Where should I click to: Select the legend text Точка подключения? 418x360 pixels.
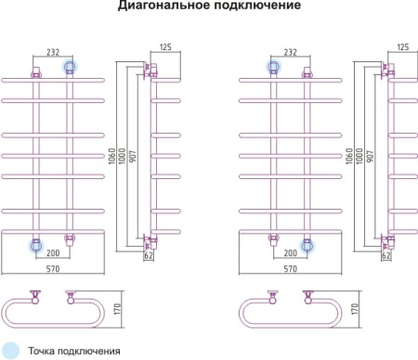pyautogui.click(x=74, y=352)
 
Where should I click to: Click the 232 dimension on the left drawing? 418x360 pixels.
pyautogui.click(x=53, y=52)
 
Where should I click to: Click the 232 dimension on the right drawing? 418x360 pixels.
pyautogui.click(x=291, y=52)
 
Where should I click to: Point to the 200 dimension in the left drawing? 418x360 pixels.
pyautogui.click(x=54, y=253)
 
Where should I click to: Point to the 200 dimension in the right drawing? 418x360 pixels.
pyautogui.click(x=291, y=253)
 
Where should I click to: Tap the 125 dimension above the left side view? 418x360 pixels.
pyautogui.click(x=166, y=47)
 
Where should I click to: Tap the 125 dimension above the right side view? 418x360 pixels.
pyautogui.click(x=404, y=47)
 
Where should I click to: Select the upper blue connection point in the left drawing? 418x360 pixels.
pyautogui.click(x=70, y=66)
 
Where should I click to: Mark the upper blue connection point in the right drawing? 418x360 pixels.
pyautogui.click(x=274, y=66)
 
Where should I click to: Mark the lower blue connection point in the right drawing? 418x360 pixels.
pyautogui.click(x=307, y=246)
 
